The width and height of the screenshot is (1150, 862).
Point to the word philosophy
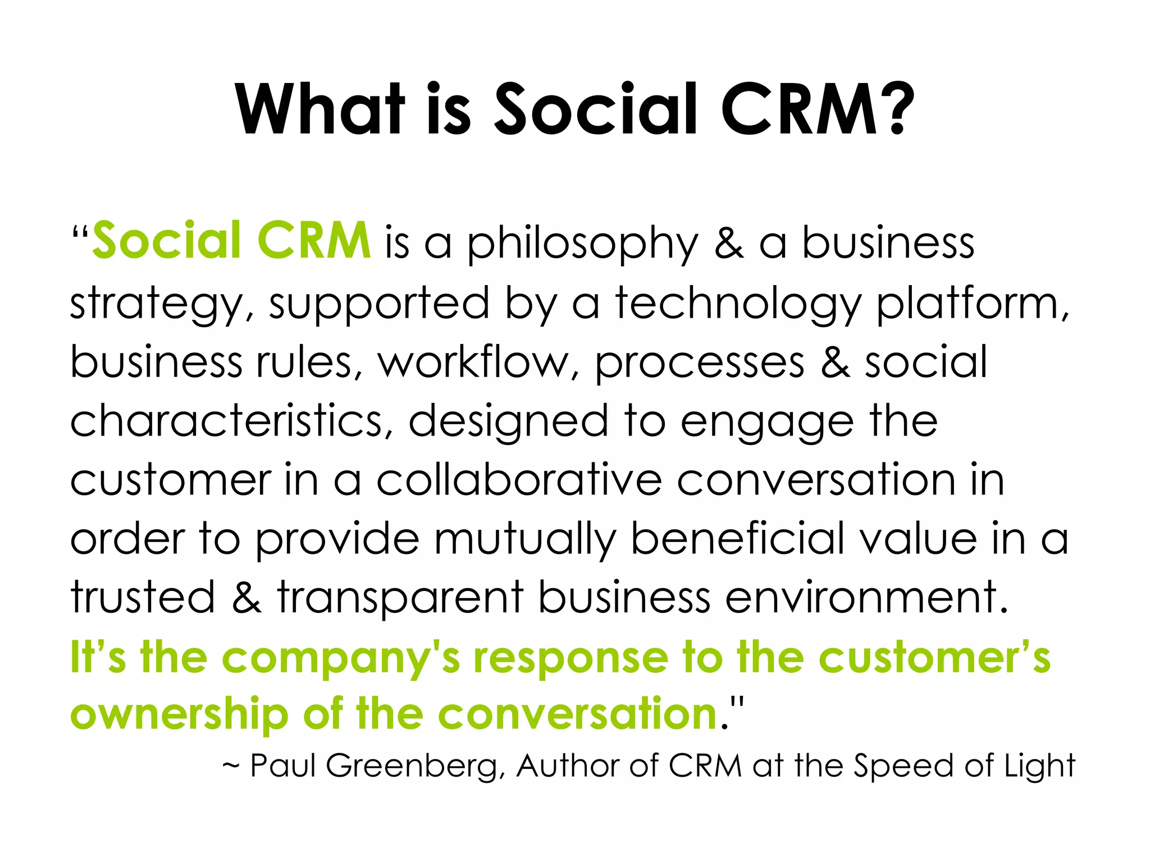(582, 246)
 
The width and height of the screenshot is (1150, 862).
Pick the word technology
(738, 305)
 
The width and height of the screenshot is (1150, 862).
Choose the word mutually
(524, 540)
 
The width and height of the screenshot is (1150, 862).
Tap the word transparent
(400, 598)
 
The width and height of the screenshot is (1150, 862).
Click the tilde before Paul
(231, 765)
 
